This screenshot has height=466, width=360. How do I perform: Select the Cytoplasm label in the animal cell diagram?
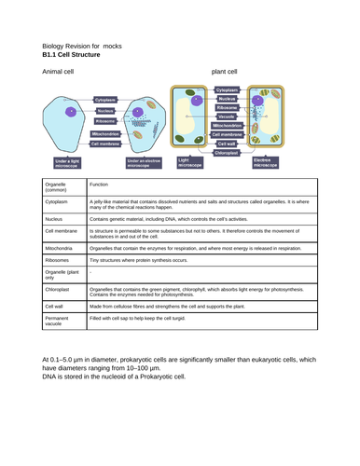pyautogui.click(x=105, y=99)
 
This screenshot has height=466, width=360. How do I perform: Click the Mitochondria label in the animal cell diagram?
pyautogui.click(x=105, y=133)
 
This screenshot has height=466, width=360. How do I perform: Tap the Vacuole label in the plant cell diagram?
pyautogui.click(x=226, y=116)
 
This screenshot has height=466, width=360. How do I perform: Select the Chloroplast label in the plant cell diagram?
pyautogui.click(x=227, y=152)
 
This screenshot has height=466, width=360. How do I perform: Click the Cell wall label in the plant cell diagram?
pyautogui.click(x=227, y=144)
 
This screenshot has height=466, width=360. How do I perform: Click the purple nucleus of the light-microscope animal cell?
pyautogui.click(x=68, y=112)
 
